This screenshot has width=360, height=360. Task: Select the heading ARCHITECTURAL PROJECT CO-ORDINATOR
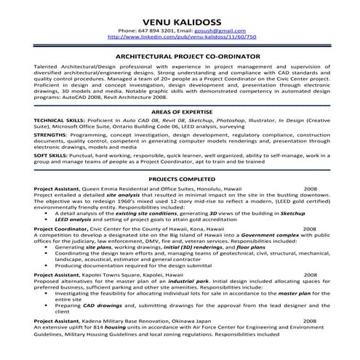180,55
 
